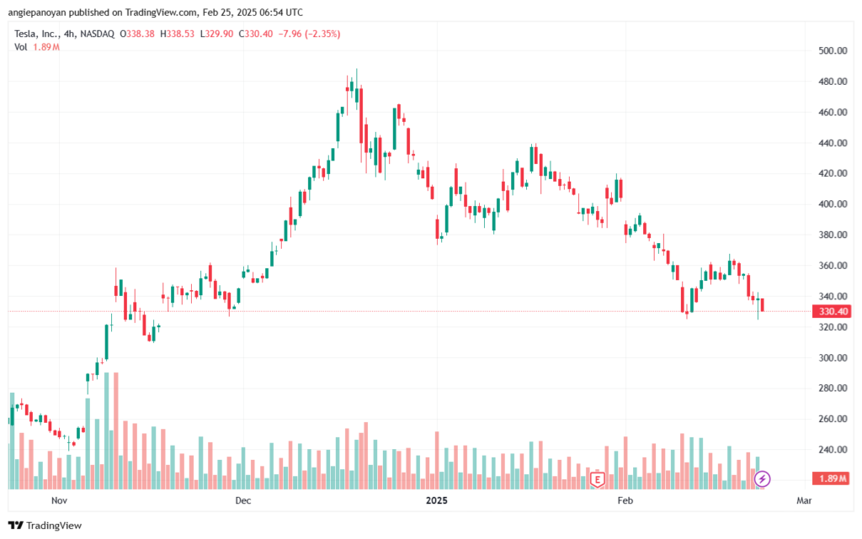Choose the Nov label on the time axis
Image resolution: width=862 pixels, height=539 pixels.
[59, 501]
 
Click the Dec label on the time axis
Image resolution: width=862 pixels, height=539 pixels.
[243, 501]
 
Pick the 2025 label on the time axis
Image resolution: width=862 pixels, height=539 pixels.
[437, 501]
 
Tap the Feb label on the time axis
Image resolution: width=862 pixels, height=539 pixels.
[625, 501]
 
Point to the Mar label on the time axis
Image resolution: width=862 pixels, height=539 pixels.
[804, 501]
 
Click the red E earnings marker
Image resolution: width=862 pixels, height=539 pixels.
[598, 479]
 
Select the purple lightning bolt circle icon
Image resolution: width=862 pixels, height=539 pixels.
[763, 479]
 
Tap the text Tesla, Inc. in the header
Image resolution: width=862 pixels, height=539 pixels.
[36, 34]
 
